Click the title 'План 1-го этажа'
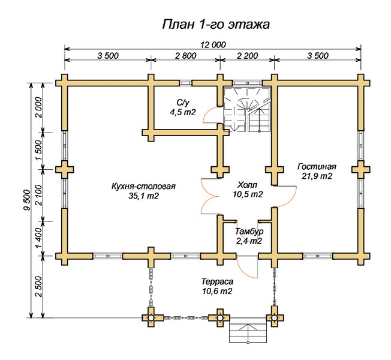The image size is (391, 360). (215, 25)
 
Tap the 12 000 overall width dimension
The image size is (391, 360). (213, 44)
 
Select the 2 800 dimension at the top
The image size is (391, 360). (185, 55)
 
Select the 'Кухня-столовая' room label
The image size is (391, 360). (143, 186)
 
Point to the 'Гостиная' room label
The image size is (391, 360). (317, 167)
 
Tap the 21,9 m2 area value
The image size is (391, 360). (317, 176)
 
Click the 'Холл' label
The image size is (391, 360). (248, 185)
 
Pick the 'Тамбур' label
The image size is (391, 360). (249, 232)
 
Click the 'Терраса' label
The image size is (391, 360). (216, 281)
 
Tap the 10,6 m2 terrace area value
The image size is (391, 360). (216, 291)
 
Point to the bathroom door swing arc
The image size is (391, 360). (210, 115)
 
